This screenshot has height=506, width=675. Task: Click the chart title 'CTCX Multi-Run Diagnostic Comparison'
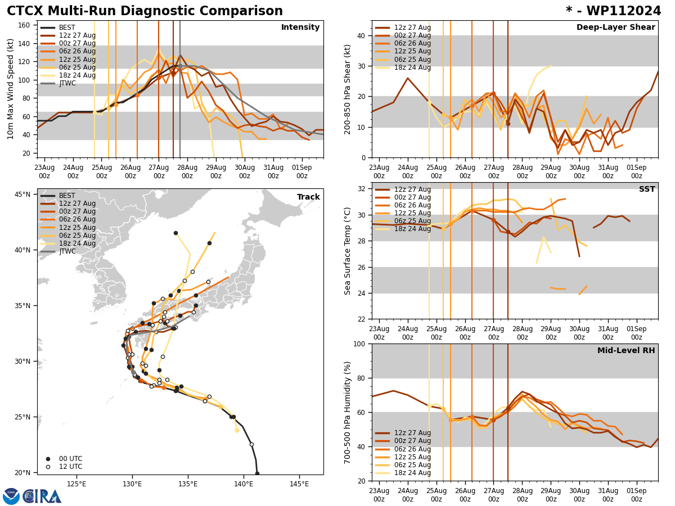point(145,11)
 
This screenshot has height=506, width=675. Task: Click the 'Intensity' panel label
point(300,28)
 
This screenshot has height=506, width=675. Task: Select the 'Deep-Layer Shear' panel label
point(615,28)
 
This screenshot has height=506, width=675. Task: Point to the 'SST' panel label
point(646,189)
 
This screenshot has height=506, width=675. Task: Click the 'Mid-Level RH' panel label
point(626,351)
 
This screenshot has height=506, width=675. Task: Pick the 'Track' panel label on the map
point(308,197)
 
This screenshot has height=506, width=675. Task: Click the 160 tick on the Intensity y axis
point(25,25)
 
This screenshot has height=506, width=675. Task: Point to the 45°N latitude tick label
point(22,195)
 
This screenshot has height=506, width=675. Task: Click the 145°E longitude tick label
point(299,484)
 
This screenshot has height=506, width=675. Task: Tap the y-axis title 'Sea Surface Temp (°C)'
point(348,251)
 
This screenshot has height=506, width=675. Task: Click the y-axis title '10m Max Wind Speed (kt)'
point(11,89)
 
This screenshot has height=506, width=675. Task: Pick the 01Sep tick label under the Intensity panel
point(302,171)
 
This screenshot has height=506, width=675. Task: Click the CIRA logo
point(33,496)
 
